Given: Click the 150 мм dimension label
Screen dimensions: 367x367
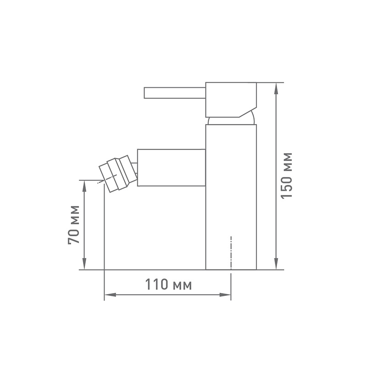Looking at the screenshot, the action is [x=286, y=176].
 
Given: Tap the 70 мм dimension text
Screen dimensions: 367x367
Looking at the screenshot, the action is [x=74, y=225].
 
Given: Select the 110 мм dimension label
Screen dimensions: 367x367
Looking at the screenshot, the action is [x=168, y=284].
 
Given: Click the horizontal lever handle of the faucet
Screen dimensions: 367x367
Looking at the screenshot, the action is [x=175, y=93].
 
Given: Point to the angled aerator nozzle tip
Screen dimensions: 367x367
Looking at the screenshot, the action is [x=117, y=174].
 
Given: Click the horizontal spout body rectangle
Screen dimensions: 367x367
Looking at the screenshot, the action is [x=171, y=167].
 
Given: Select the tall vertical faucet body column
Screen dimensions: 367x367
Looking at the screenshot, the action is [x=231, y=197].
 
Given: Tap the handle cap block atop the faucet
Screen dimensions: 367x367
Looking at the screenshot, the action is [x=231, y=100].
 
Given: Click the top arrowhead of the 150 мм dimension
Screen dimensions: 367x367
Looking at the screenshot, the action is [x=277, y=89].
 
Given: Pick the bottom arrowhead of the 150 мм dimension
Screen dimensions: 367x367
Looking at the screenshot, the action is [x=277, y=264].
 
